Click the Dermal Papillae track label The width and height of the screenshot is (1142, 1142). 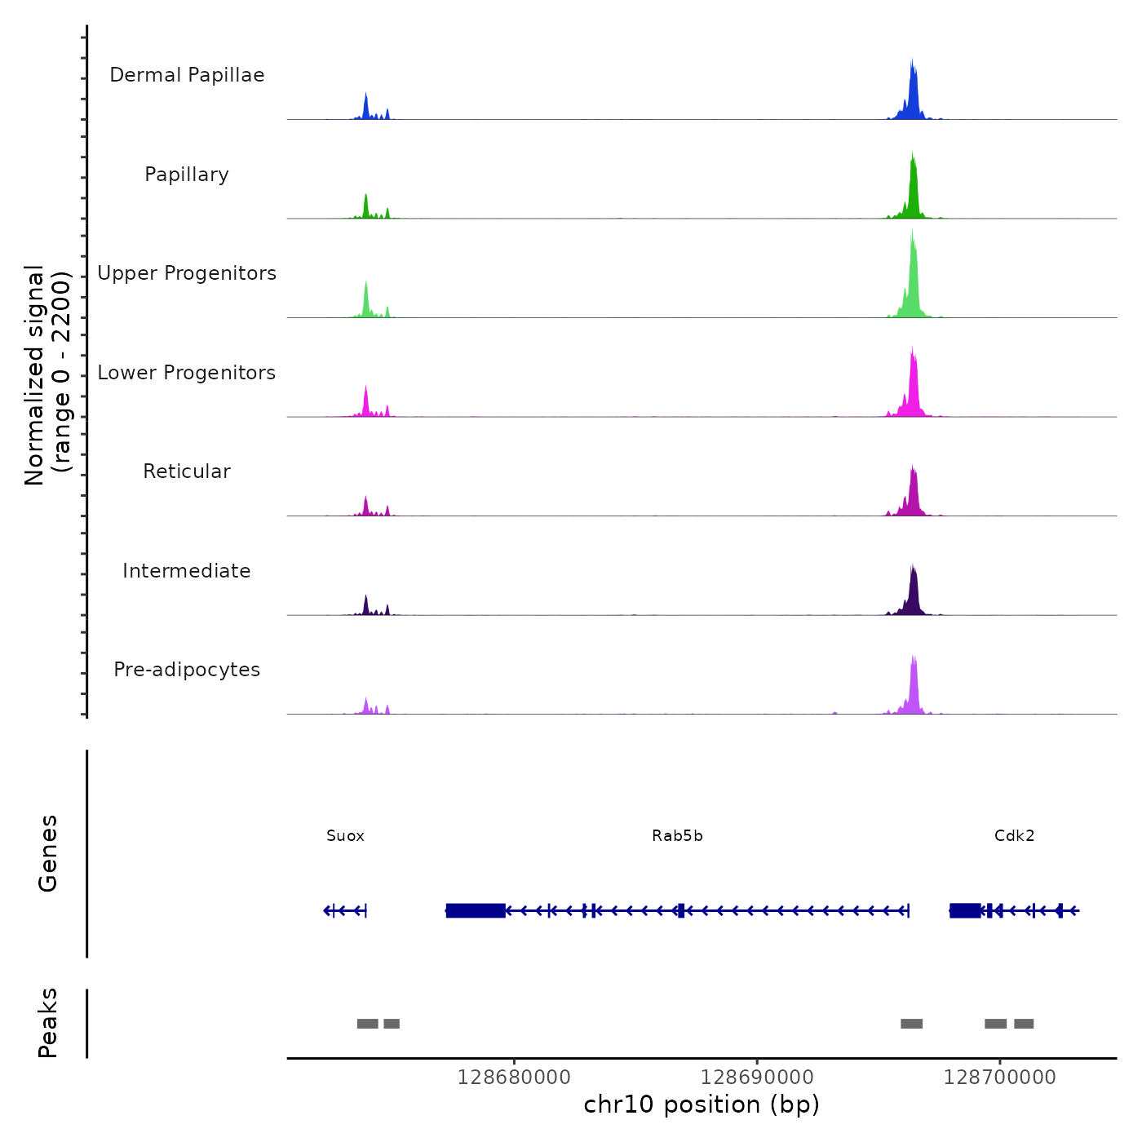click(187, 75)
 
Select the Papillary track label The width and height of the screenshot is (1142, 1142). click(187, 175)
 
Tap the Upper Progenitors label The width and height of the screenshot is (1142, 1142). click(187, 273)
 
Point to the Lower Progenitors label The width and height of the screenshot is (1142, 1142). click(187, 373)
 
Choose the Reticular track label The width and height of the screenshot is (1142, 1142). click(187, 471)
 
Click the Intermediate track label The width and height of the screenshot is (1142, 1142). click(187, 571)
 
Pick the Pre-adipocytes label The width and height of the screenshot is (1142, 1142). click(187, 670)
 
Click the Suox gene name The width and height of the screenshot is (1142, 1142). click(345, 836)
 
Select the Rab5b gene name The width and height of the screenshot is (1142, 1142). click(677, 836)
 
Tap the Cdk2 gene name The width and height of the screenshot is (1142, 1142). click(1014, 836)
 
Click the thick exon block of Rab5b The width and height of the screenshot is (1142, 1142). click(476, 910)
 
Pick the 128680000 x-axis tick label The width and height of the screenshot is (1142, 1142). click(514, 1078)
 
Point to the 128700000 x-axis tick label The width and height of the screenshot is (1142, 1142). click(999, 1078)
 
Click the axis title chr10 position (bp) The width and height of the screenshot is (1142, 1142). click(702, 1104)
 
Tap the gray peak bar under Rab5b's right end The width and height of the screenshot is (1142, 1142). click(911, 1024)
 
